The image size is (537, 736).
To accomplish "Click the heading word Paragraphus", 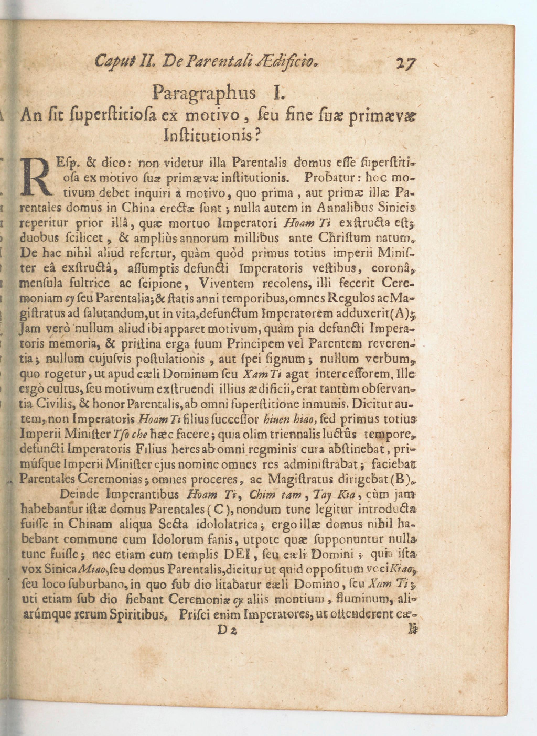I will tap(203, 93).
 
